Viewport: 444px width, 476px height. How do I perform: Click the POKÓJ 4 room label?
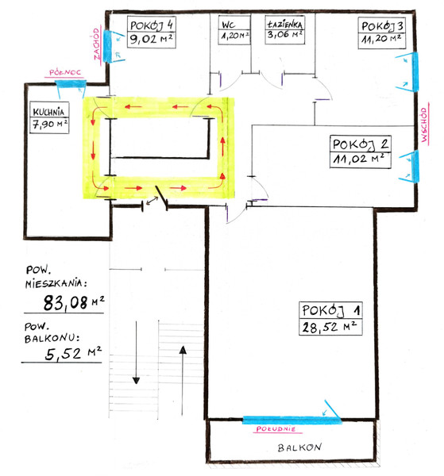(152, 25)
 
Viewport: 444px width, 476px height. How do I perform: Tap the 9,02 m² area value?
(151, 39)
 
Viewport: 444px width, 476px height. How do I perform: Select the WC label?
(228, 25)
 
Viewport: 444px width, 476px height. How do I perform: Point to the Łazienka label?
(285, 24)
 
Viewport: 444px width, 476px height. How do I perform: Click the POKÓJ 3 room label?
(382, 26)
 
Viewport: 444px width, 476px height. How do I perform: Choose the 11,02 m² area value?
(358, 159)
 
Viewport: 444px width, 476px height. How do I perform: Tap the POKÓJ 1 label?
(330, 310)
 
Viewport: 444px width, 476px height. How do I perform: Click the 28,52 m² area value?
(329, 327)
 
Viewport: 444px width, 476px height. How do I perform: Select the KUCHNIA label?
(48, 112)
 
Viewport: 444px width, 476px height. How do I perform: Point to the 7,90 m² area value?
(49, 125)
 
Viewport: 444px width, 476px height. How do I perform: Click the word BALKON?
(299, 447)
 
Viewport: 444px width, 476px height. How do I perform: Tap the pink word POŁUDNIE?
(276, 428)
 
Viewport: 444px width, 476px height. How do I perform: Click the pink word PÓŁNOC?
(65, 72)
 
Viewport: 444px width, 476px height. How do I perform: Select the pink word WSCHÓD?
(424, 125)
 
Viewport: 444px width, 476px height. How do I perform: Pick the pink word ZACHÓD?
(97, 44)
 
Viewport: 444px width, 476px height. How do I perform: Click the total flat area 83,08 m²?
(74, 303)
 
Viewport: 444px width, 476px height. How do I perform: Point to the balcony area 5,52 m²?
(73, 353)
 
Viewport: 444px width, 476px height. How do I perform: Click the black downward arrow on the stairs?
(136, 352)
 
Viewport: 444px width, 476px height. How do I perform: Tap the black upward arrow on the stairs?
(183, 381)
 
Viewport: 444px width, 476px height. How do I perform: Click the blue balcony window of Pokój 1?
(292, 420)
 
